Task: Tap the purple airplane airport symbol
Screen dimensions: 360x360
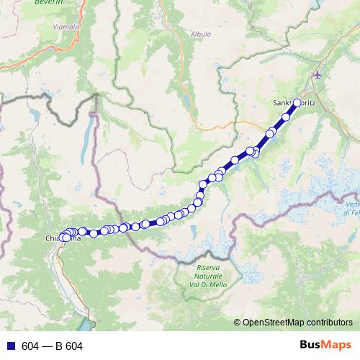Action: click(x=319, y=75)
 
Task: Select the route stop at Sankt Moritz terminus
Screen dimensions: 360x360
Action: click(x=297, y=103)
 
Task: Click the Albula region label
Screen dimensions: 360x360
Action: click(x=200, y=33)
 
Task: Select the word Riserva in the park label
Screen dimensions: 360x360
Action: click(x=209, y=268)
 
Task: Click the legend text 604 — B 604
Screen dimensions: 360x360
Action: click(x=52, y=346)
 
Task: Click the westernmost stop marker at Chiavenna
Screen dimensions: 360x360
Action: click(x=63, y=237)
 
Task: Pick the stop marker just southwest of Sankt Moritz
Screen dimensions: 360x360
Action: click(x=287, y=117)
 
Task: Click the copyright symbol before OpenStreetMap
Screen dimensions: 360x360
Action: click(x=238, y=323)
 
